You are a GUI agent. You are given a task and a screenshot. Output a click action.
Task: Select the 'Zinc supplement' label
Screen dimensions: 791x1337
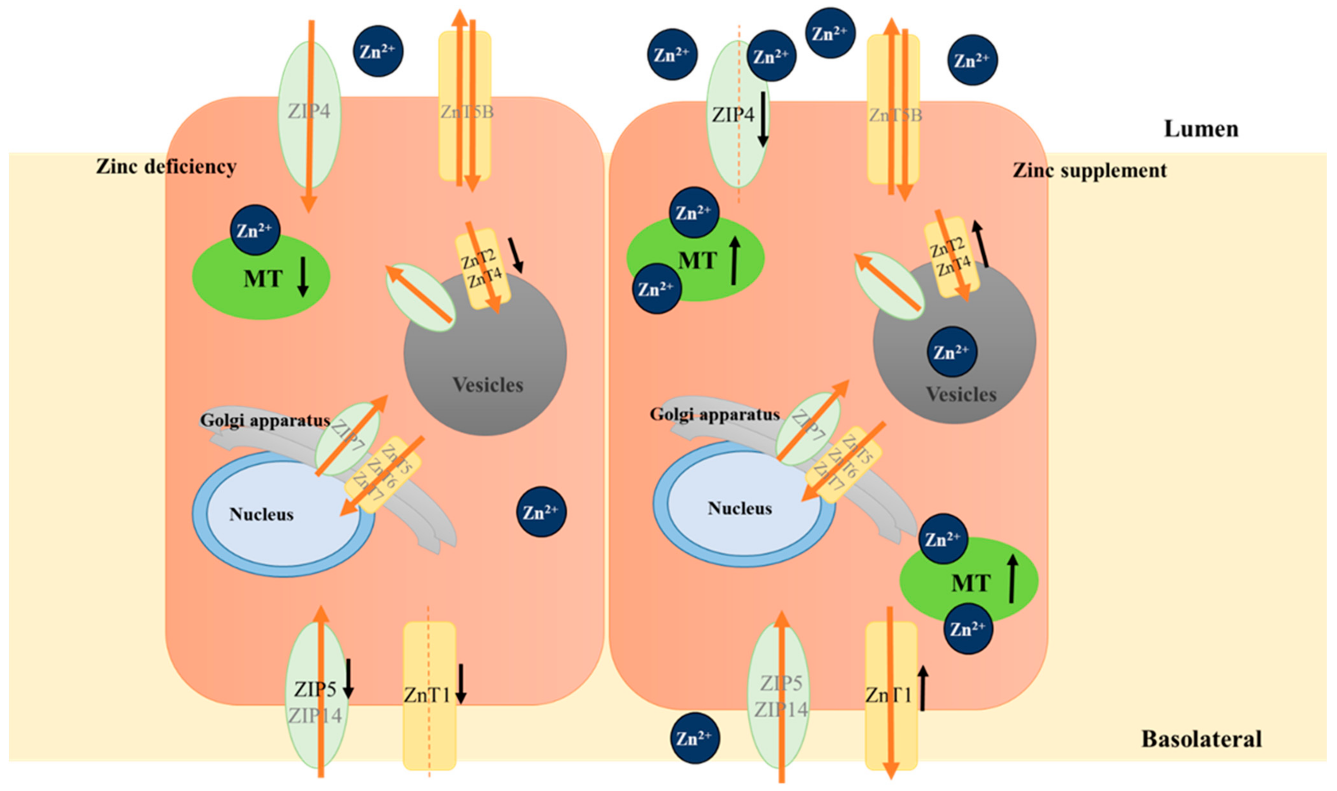pos(1089,171)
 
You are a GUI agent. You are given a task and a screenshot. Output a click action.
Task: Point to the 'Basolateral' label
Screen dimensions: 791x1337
pos(1201,739)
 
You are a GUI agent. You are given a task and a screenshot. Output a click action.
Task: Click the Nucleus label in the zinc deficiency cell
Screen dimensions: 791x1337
pos(261,514)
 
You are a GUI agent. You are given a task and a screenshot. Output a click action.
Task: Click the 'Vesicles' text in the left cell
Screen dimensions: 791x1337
pos(487,385)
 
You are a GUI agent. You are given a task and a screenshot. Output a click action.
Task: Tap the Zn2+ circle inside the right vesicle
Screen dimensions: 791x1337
pos(952,352)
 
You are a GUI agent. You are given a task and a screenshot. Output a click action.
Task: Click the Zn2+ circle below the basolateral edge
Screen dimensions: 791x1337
pos(694,738)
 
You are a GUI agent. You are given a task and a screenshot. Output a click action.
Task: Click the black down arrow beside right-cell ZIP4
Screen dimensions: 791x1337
pos(763,118)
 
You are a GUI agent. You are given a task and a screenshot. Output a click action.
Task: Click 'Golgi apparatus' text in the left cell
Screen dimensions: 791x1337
pos(265,420)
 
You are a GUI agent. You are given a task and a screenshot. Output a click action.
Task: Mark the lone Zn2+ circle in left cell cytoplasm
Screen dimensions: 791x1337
pos(541,512)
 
